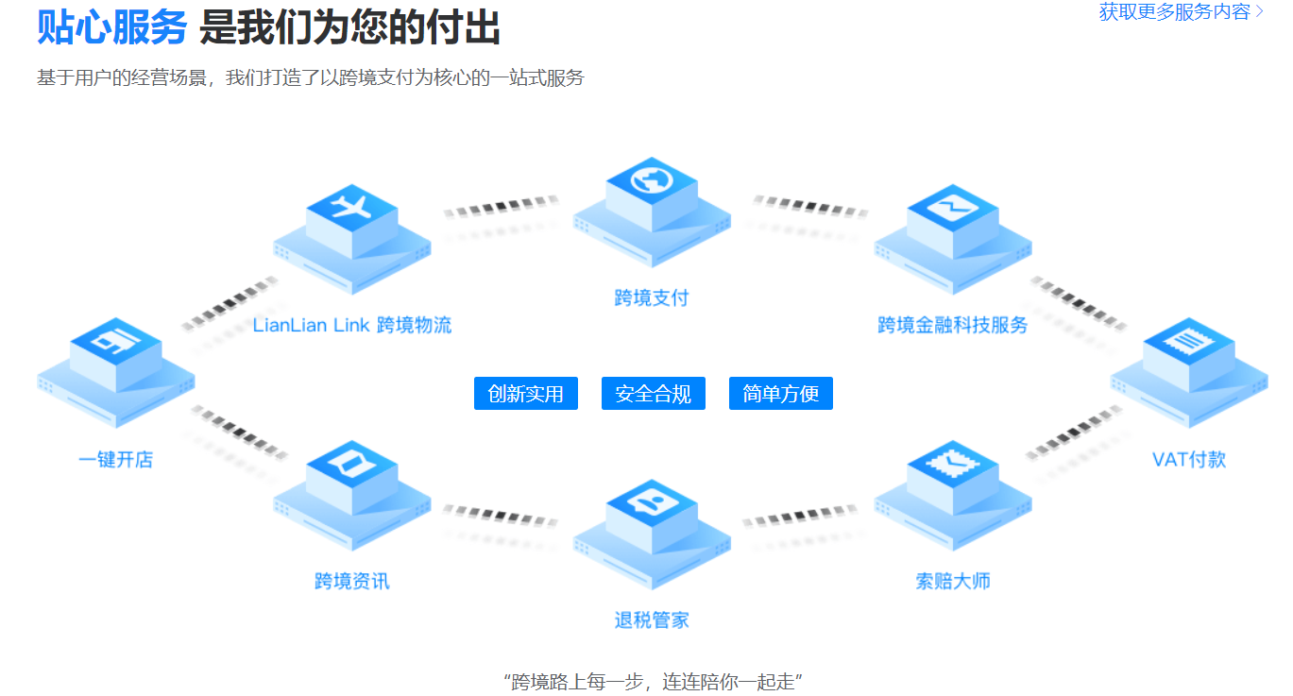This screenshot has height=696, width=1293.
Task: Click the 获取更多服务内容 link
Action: (x=1181, y=11)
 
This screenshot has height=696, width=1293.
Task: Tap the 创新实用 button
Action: (x=526, y=394)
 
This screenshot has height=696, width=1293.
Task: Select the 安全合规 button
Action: (x=654, y=394)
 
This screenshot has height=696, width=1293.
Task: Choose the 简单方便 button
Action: (x=781, y=394)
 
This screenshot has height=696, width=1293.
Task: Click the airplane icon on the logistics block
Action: (x=351, y=207)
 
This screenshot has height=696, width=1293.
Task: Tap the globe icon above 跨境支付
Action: (x=652, y=179)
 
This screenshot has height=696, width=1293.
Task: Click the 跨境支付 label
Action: (x=652, y=297)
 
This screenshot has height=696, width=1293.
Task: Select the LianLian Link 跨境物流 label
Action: (x=352, y=325)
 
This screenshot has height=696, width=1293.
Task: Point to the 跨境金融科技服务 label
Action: (x=952, y=325)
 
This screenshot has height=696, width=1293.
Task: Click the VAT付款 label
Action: (x=1189, y=459)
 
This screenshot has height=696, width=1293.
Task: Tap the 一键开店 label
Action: (x=116, y=459)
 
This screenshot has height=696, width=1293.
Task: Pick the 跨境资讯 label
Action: (x=352, y=581)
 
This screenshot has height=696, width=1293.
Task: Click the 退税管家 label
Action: (x=652, y=620)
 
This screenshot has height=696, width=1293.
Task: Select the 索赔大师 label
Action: (x=953, y=581)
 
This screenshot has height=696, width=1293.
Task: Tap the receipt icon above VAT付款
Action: (x=1189, y=340)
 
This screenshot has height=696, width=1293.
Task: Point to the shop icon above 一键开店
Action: (x=115, y=341)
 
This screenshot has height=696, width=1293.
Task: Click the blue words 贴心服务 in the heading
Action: (x=112, y=27)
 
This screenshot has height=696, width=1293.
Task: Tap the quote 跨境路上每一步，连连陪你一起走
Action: (x=653, y=682)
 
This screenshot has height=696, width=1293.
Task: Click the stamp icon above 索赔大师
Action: (x=952, y=463)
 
